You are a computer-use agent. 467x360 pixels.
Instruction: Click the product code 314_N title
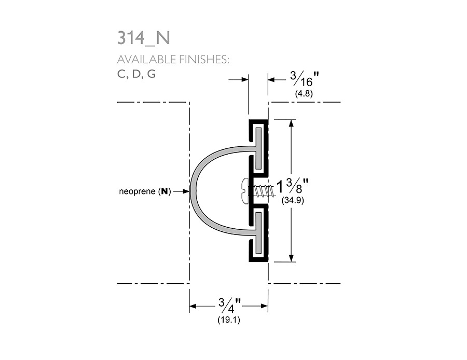(x=144, y=38)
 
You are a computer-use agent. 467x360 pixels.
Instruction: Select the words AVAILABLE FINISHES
(x=173, y=60)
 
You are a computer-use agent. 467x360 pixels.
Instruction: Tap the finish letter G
(x=152, y=74)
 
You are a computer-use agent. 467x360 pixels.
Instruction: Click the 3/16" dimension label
(x=305, y=79)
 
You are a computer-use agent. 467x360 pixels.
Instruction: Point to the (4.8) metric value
(x=304, y=94)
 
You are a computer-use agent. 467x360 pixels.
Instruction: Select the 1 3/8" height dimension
(x=293, y=186)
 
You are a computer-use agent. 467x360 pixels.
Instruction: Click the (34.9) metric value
(x=293, y=200)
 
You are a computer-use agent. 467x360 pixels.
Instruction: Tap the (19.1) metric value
(x=229, y=320)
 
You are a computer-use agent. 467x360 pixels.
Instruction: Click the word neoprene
(x=138, y=191)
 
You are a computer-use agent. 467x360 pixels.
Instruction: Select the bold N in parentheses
(x=164, y=191)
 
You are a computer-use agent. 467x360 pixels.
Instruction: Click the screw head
(x=245, y=191)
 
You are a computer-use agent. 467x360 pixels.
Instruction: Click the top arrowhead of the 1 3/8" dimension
(x=291, y=123)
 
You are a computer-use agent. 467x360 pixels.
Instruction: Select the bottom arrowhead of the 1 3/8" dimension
(x=291, y=258)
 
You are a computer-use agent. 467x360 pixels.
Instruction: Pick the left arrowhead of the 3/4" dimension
(x=193, y=306)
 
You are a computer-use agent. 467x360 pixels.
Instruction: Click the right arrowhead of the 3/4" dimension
(x=264, y=306)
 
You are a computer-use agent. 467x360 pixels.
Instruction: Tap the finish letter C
(x=121, y=74)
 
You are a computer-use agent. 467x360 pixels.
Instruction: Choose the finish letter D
(x=136, y=74)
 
